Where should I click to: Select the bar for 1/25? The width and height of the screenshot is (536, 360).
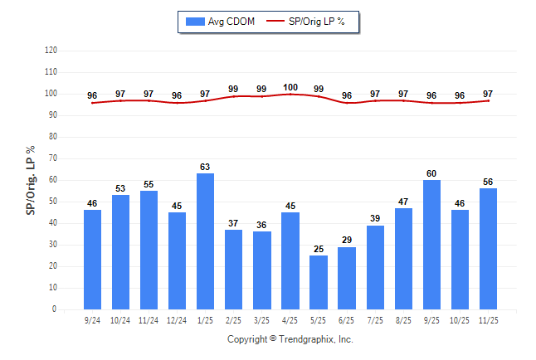[205, 241]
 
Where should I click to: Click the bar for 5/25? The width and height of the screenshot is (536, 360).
[319, 282]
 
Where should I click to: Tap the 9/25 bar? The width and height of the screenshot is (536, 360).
[431, 245]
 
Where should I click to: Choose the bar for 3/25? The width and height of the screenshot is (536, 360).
[262, 270]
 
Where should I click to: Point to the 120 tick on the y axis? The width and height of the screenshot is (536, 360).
[51, 51]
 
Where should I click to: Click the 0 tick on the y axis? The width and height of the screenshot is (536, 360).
[55, 309]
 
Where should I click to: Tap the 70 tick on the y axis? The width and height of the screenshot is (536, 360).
[52, 158]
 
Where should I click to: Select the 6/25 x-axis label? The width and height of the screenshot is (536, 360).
[347, 319]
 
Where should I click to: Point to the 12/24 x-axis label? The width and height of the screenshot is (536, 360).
[177, 319]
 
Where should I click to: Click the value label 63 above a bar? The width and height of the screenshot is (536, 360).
[205, 168]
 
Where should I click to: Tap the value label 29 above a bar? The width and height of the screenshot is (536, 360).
[347, 241]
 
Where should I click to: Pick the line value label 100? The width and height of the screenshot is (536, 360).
[290, 87]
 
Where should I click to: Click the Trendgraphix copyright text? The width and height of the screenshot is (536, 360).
[290, 339]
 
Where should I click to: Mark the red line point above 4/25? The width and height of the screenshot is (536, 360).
[290, 94]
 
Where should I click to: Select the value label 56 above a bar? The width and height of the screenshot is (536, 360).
[488, 182]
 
